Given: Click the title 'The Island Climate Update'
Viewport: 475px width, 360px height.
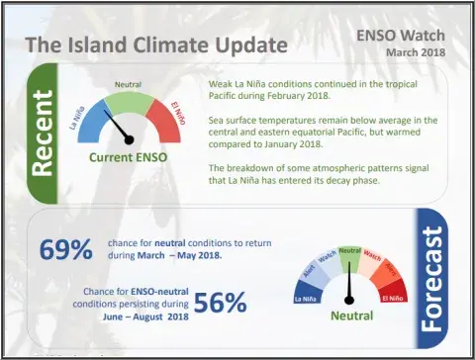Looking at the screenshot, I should coord(155,45).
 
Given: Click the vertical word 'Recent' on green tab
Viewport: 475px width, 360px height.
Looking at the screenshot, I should coord(42,136).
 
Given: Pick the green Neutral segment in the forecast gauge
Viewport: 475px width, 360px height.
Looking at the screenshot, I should coord(349,256).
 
